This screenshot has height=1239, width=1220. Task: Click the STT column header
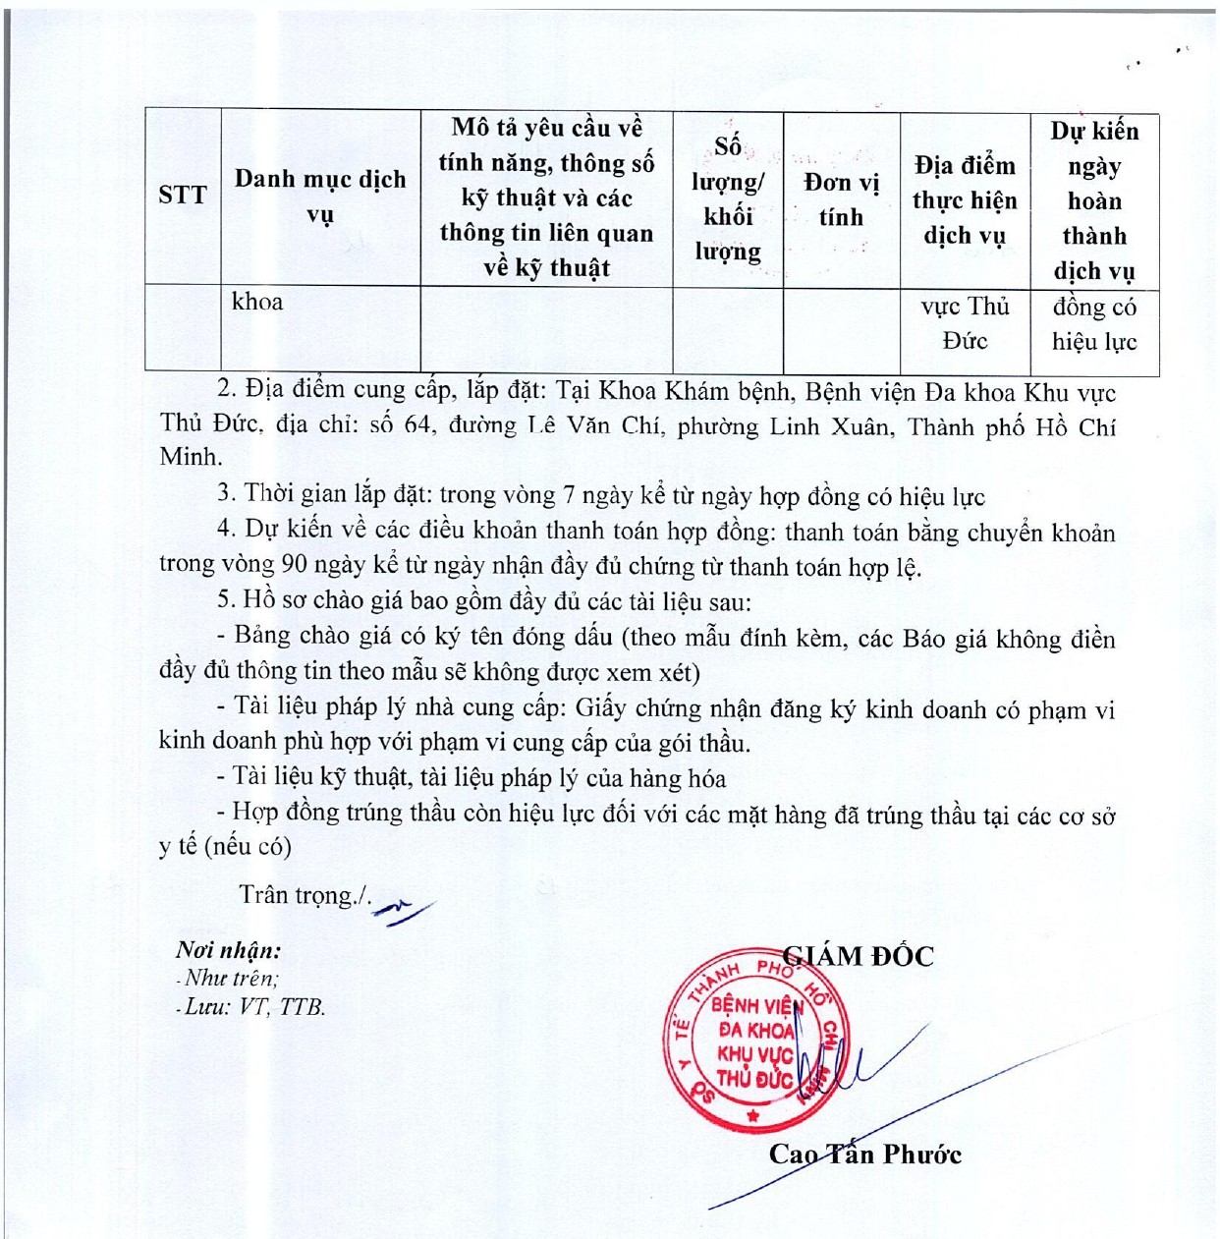click(183, 195)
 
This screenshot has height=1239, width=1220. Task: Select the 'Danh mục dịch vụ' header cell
click(320, 196)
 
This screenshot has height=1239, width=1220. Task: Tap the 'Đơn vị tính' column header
click(841, 198)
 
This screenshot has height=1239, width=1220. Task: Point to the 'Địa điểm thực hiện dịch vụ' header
click(965, 199)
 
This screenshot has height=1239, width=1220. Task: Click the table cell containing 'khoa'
click(257, 302)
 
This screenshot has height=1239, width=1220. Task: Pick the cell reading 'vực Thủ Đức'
click(965, 323)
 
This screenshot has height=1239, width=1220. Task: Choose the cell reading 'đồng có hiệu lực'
click(1094, 324)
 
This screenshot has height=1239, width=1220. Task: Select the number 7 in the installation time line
click(568, 496)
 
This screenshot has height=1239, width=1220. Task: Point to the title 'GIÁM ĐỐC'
click(859, 955)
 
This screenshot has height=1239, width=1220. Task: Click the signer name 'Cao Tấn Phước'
click(864, 1154)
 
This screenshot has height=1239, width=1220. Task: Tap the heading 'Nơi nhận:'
click(228, 950)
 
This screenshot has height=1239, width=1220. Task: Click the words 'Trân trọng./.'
click(305, 895)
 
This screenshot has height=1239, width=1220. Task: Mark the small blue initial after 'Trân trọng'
click(403, 912)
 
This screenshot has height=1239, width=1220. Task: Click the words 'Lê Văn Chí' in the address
click(593, 426)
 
